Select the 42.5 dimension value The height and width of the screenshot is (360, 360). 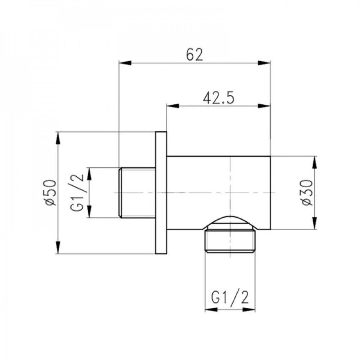coord(219,98)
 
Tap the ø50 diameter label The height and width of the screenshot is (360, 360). coord(51,192)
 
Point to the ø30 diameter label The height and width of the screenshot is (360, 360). coord(308,193)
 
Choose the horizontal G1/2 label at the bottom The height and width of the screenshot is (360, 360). coord(230,298)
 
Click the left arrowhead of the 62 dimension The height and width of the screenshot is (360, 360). coord(125,63)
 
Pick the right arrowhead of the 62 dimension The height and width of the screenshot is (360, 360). coord(264,63)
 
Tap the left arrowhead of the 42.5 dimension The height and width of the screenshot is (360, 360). coord(173,106)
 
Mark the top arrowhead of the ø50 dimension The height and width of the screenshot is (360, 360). coord(58,138)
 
